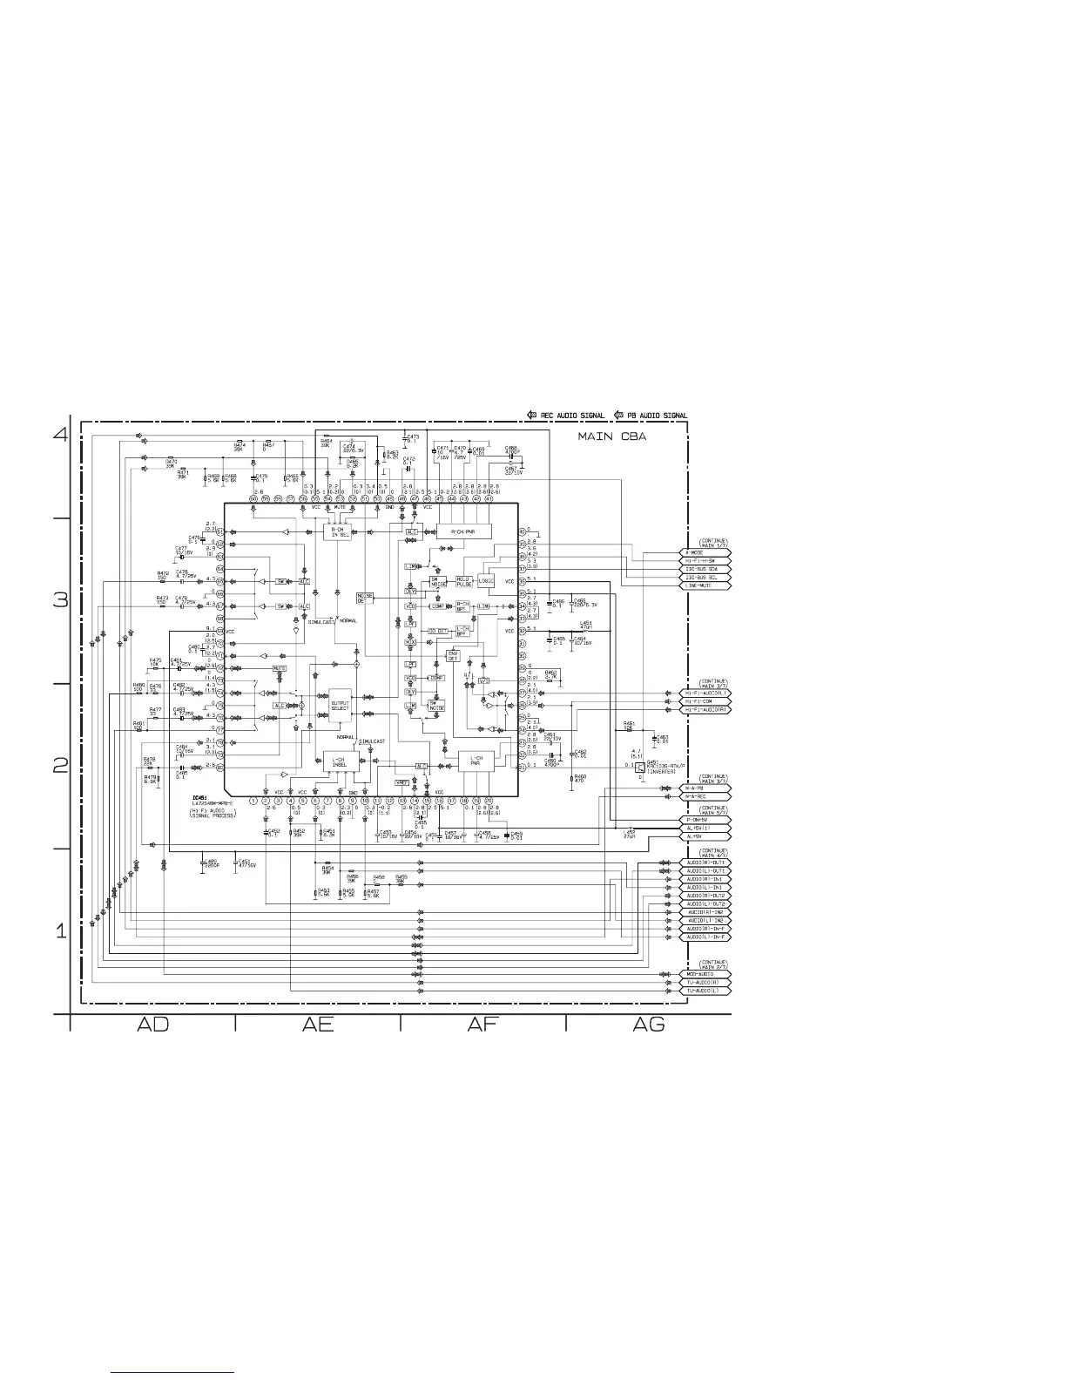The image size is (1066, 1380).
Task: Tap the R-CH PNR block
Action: coord(463,531)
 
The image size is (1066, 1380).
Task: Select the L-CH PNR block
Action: coord(476,761)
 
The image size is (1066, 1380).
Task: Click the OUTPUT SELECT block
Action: coord(340,705)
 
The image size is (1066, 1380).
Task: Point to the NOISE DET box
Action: coord(365,598)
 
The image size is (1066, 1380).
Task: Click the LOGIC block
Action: coord(486,581)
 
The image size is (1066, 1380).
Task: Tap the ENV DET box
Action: coord(453,656)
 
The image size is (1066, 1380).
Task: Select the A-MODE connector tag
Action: coord(704,552)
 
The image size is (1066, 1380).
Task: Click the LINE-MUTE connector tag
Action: coord(704,585)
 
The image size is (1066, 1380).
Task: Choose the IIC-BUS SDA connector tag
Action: coord(704,569)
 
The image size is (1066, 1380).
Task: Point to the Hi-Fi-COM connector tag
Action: coord(704,701)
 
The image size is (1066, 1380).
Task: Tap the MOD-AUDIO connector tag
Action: coord(704,974)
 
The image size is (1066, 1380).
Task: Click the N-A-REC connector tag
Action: coord(704,796)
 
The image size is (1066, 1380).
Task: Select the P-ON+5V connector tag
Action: coord(704,820)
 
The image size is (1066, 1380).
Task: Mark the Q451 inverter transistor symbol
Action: coord(640,767)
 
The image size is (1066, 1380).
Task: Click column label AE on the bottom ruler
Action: coord(318,1025)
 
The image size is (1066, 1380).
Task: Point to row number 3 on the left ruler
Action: coord(61,600)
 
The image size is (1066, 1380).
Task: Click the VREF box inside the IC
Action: coord(401,781)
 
